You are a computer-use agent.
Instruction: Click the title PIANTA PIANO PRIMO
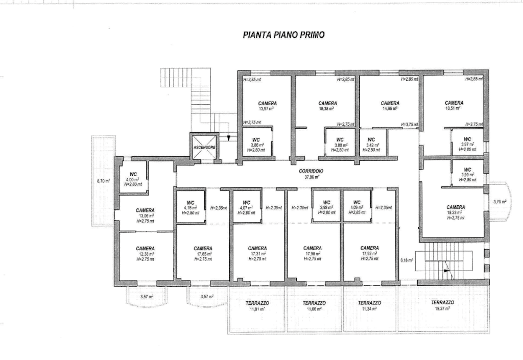[284, 35]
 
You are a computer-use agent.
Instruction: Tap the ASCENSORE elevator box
[204, 147]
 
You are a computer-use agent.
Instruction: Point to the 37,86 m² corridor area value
[311, 178]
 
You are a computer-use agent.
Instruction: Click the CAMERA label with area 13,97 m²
[268, 103]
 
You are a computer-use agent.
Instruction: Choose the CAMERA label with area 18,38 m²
[327, 103]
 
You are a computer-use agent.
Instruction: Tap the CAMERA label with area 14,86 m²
[390, 103]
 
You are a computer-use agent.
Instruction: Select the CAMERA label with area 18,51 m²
[454, 103]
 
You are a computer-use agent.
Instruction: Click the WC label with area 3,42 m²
[371, 139]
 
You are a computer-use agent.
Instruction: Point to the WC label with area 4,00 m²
[133, 174]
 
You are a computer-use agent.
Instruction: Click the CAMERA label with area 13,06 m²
[146, 210]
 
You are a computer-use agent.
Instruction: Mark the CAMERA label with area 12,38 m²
[146, 248]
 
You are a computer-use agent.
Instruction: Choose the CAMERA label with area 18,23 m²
[456, 207]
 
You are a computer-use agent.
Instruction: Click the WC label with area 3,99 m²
[467, 170]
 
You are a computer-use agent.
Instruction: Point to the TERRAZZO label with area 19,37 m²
[442, 303]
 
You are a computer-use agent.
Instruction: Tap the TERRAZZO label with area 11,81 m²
[257, 303]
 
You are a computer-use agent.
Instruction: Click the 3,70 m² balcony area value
[500, 202]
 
